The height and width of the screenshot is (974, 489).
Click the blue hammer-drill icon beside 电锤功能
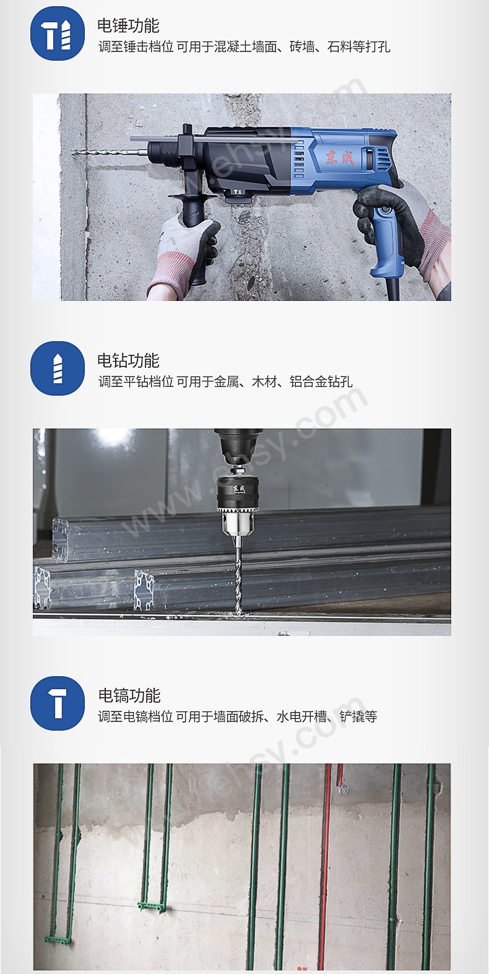coord(58,33)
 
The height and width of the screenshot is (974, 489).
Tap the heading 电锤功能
coord(128,26)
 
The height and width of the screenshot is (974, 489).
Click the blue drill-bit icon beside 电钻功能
coord(58,368)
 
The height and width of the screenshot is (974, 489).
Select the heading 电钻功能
coord(128,361)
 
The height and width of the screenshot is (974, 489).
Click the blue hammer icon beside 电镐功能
coord(58,703)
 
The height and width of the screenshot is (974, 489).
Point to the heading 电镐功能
coord(129,696)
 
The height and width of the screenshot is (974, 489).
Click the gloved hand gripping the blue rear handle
coord(396,217)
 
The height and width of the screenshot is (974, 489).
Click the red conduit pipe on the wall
coord(325,867)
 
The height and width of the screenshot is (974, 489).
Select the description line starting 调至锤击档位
coord(244,47)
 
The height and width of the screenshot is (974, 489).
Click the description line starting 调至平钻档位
coord(225,382)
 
